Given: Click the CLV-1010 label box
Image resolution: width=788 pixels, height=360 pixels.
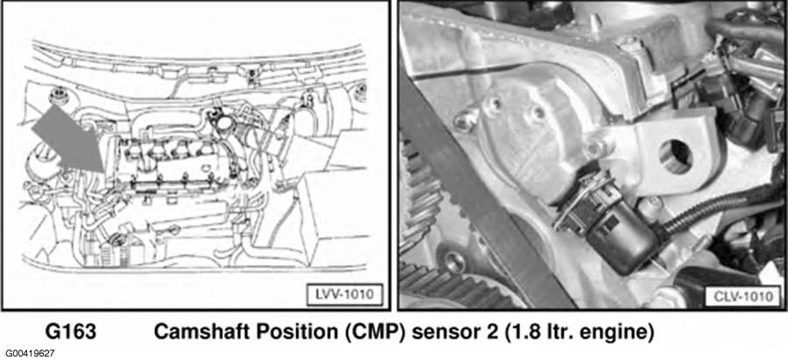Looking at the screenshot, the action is click(742, 296).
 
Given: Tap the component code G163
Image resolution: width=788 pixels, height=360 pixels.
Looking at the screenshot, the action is click(70, 333).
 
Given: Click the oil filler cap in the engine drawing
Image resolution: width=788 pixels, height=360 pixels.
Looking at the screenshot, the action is click(222, 121).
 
